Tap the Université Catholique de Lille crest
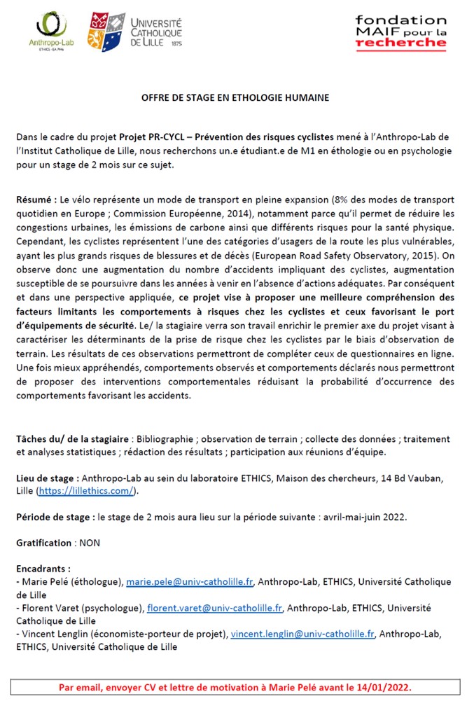[106, 31]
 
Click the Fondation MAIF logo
[400, 32]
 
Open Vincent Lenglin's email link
[302, 634]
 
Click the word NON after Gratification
[90, 543]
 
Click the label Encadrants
[43, 569]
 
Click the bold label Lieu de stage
[46, 478]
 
